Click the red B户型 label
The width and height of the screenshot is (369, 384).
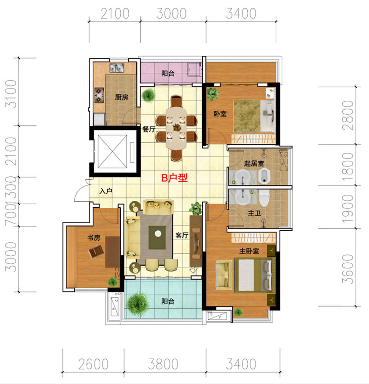coord(174,178)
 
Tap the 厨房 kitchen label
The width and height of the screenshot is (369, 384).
coord(122,97)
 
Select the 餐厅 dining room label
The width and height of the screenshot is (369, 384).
coord(149,129)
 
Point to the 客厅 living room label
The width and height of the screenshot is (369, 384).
coord(182,235)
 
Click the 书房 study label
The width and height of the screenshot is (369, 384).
coord(94,238)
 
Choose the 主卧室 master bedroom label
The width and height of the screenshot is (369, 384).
coord(249,251)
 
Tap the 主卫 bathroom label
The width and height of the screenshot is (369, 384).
coord(254,213)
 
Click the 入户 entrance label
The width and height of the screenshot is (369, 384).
coord(106,191)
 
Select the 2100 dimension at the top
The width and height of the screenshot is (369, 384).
coord(115,14)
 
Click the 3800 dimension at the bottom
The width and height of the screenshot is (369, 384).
coord(163,364)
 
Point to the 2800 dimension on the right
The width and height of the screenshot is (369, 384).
coord(348,115)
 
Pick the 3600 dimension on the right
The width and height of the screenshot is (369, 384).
coord(348,269)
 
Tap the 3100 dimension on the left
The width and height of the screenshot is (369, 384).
coord(11,94)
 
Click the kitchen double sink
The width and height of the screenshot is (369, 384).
coord(117,68)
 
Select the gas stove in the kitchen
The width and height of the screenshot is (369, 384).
coord(100,95)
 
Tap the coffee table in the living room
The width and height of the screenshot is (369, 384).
coord(157,237)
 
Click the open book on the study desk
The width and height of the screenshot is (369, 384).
coord(96,252)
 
